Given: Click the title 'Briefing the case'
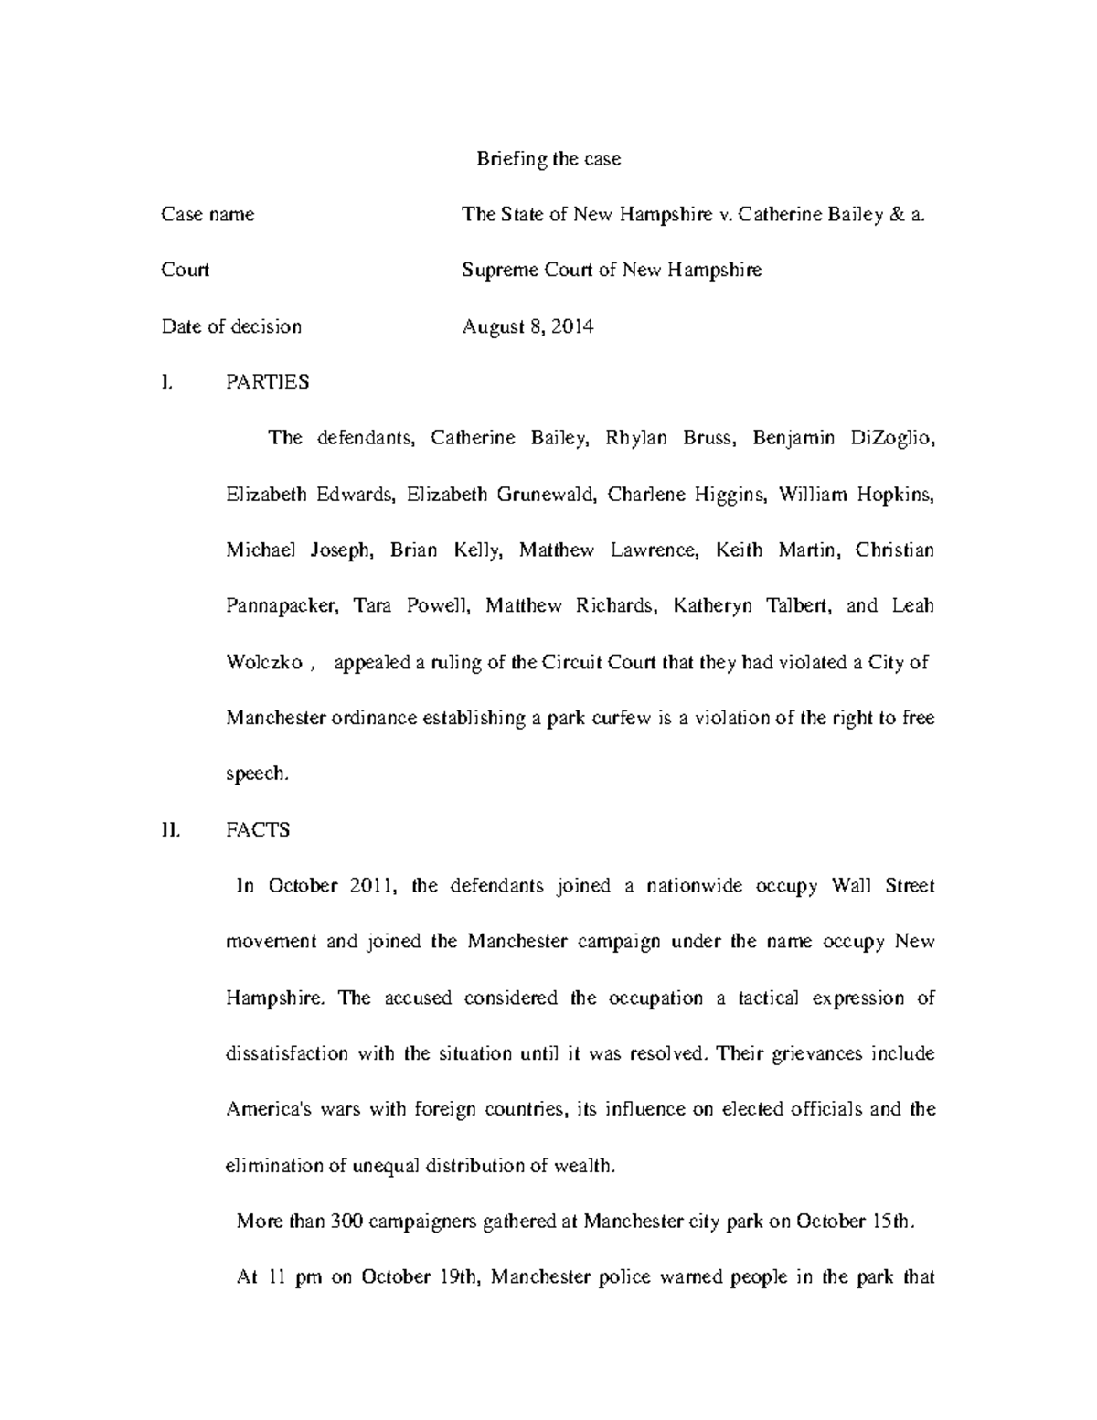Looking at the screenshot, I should pyautogui.click(x=548, y=159).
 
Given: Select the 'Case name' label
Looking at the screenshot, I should pyautogui.click(x=208, y=215).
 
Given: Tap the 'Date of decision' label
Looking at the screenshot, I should pyautogui.click(x=231, y=326).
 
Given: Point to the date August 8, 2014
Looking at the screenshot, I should pyautogui.click(x=527, y=326).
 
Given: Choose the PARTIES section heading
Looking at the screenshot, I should pyautogui.click(x=267, y=382).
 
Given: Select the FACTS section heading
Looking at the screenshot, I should pyautogui.click(x=258, y=830).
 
